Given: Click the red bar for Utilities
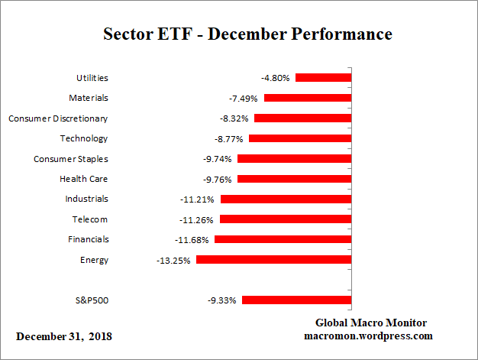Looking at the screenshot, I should pyautogui.click(x=323, y=77).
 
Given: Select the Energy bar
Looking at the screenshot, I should pyautogui.click(x=273, y=260).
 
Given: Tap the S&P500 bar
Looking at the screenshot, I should pyautogui.click(x=296, y=300).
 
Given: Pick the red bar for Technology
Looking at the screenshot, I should pyautogui.click(x=300, y=138).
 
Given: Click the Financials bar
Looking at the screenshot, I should pyautogui.click(x=283, y=239).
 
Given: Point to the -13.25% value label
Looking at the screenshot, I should pyautogui.click(x=173, y=260).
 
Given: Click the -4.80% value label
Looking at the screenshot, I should pyautogui.click(x=276, y=77).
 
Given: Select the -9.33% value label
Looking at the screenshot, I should pyautogui.click(x=222, y=300).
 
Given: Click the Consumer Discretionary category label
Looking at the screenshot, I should pyautogui.click(x=58, y=118).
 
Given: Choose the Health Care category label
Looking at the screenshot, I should pyautogui.click(x=84, y=179).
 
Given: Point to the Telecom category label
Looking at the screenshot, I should pyautogui.click(x=90, y=219).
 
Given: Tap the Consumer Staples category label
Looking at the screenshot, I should pyautogui.click(x=71, y=159).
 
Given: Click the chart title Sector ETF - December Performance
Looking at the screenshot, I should pyautogui.click(x=247, y=34).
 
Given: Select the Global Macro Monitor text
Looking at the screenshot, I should pyautogui.click(x=371, y=323).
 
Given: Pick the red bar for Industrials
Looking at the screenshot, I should pyautogui.click(x=286, y=199).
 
